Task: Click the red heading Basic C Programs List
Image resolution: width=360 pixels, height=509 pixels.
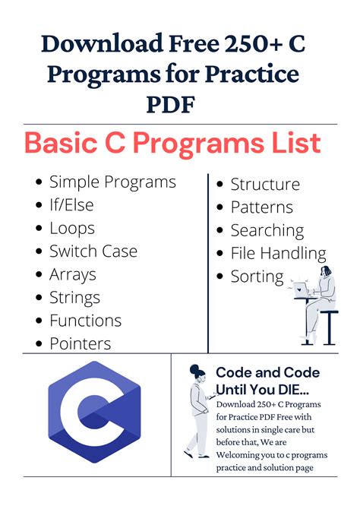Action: (x=173, y=144)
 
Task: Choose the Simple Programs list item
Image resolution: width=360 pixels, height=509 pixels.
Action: (x=112, y=182)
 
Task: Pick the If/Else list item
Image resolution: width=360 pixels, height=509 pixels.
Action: (x=75, y=205)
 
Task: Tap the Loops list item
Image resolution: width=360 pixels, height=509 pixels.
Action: (x=72, y=228)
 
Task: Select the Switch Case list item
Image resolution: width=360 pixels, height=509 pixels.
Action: (x=93, y=251)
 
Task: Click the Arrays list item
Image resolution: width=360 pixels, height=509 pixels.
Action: (x=73, y=274)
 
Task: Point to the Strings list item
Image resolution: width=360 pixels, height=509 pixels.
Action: (x=74, y=298)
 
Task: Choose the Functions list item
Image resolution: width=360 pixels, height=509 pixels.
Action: (x=85, y=321)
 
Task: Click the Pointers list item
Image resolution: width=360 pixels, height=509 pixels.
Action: (x=80, y=343)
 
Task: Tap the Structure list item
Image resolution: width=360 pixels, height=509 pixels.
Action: (x=265, y=185)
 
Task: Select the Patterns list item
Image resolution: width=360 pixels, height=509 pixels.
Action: (x=261, y=207)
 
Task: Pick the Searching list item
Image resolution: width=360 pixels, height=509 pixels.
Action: (x=267, y=231)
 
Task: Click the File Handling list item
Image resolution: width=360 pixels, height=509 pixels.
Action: (x=278, y=254)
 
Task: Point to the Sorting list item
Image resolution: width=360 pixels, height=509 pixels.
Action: (x=257, y=277)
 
